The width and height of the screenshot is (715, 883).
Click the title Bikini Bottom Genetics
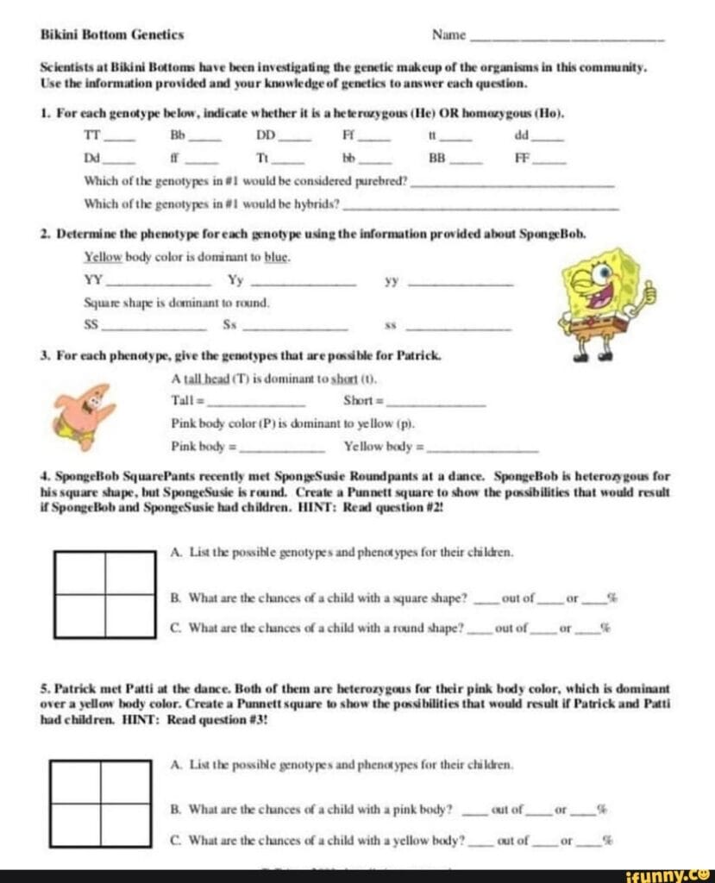(112, 35)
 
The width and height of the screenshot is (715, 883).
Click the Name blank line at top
(566, 39)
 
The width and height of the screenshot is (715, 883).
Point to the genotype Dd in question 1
(91, 159)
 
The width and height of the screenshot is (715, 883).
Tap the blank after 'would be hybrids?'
(480, 207)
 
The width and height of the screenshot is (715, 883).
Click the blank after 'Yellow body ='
(483, 449)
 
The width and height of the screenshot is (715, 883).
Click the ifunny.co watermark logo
(668, 874)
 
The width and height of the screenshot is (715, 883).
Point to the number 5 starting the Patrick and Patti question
(44, 689)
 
